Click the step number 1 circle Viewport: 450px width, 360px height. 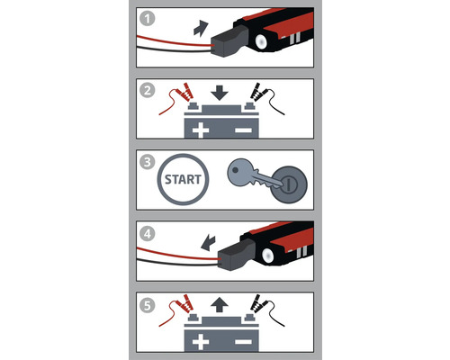tap(148, 15)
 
